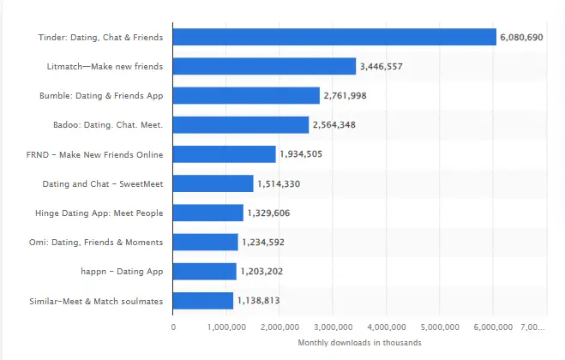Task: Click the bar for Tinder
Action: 334,37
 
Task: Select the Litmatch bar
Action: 264,66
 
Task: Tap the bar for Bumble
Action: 246,95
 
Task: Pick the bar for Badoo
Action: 241,125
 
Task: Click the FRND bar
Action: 225,154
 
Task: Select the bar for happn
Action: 204,271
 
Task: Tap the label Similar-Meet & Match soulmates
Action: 102,301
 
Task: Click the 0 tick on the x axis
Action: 173,327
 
